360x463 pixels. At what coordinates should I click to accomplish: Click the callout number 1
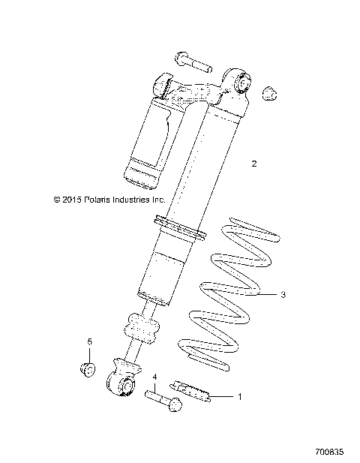240,396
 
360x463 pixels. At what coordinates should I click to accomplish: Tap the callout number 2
253,163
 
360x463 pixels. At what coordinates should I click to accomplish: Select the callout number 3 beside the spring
283,295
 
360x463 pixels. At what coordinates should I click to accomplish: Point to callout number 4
154,377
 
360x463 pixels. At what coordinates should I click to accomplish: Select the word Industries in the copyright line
128,200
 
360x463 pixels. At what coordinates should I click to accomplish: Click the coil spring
225,300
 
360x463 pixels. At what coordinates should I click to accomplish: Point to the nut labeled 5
88,369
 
